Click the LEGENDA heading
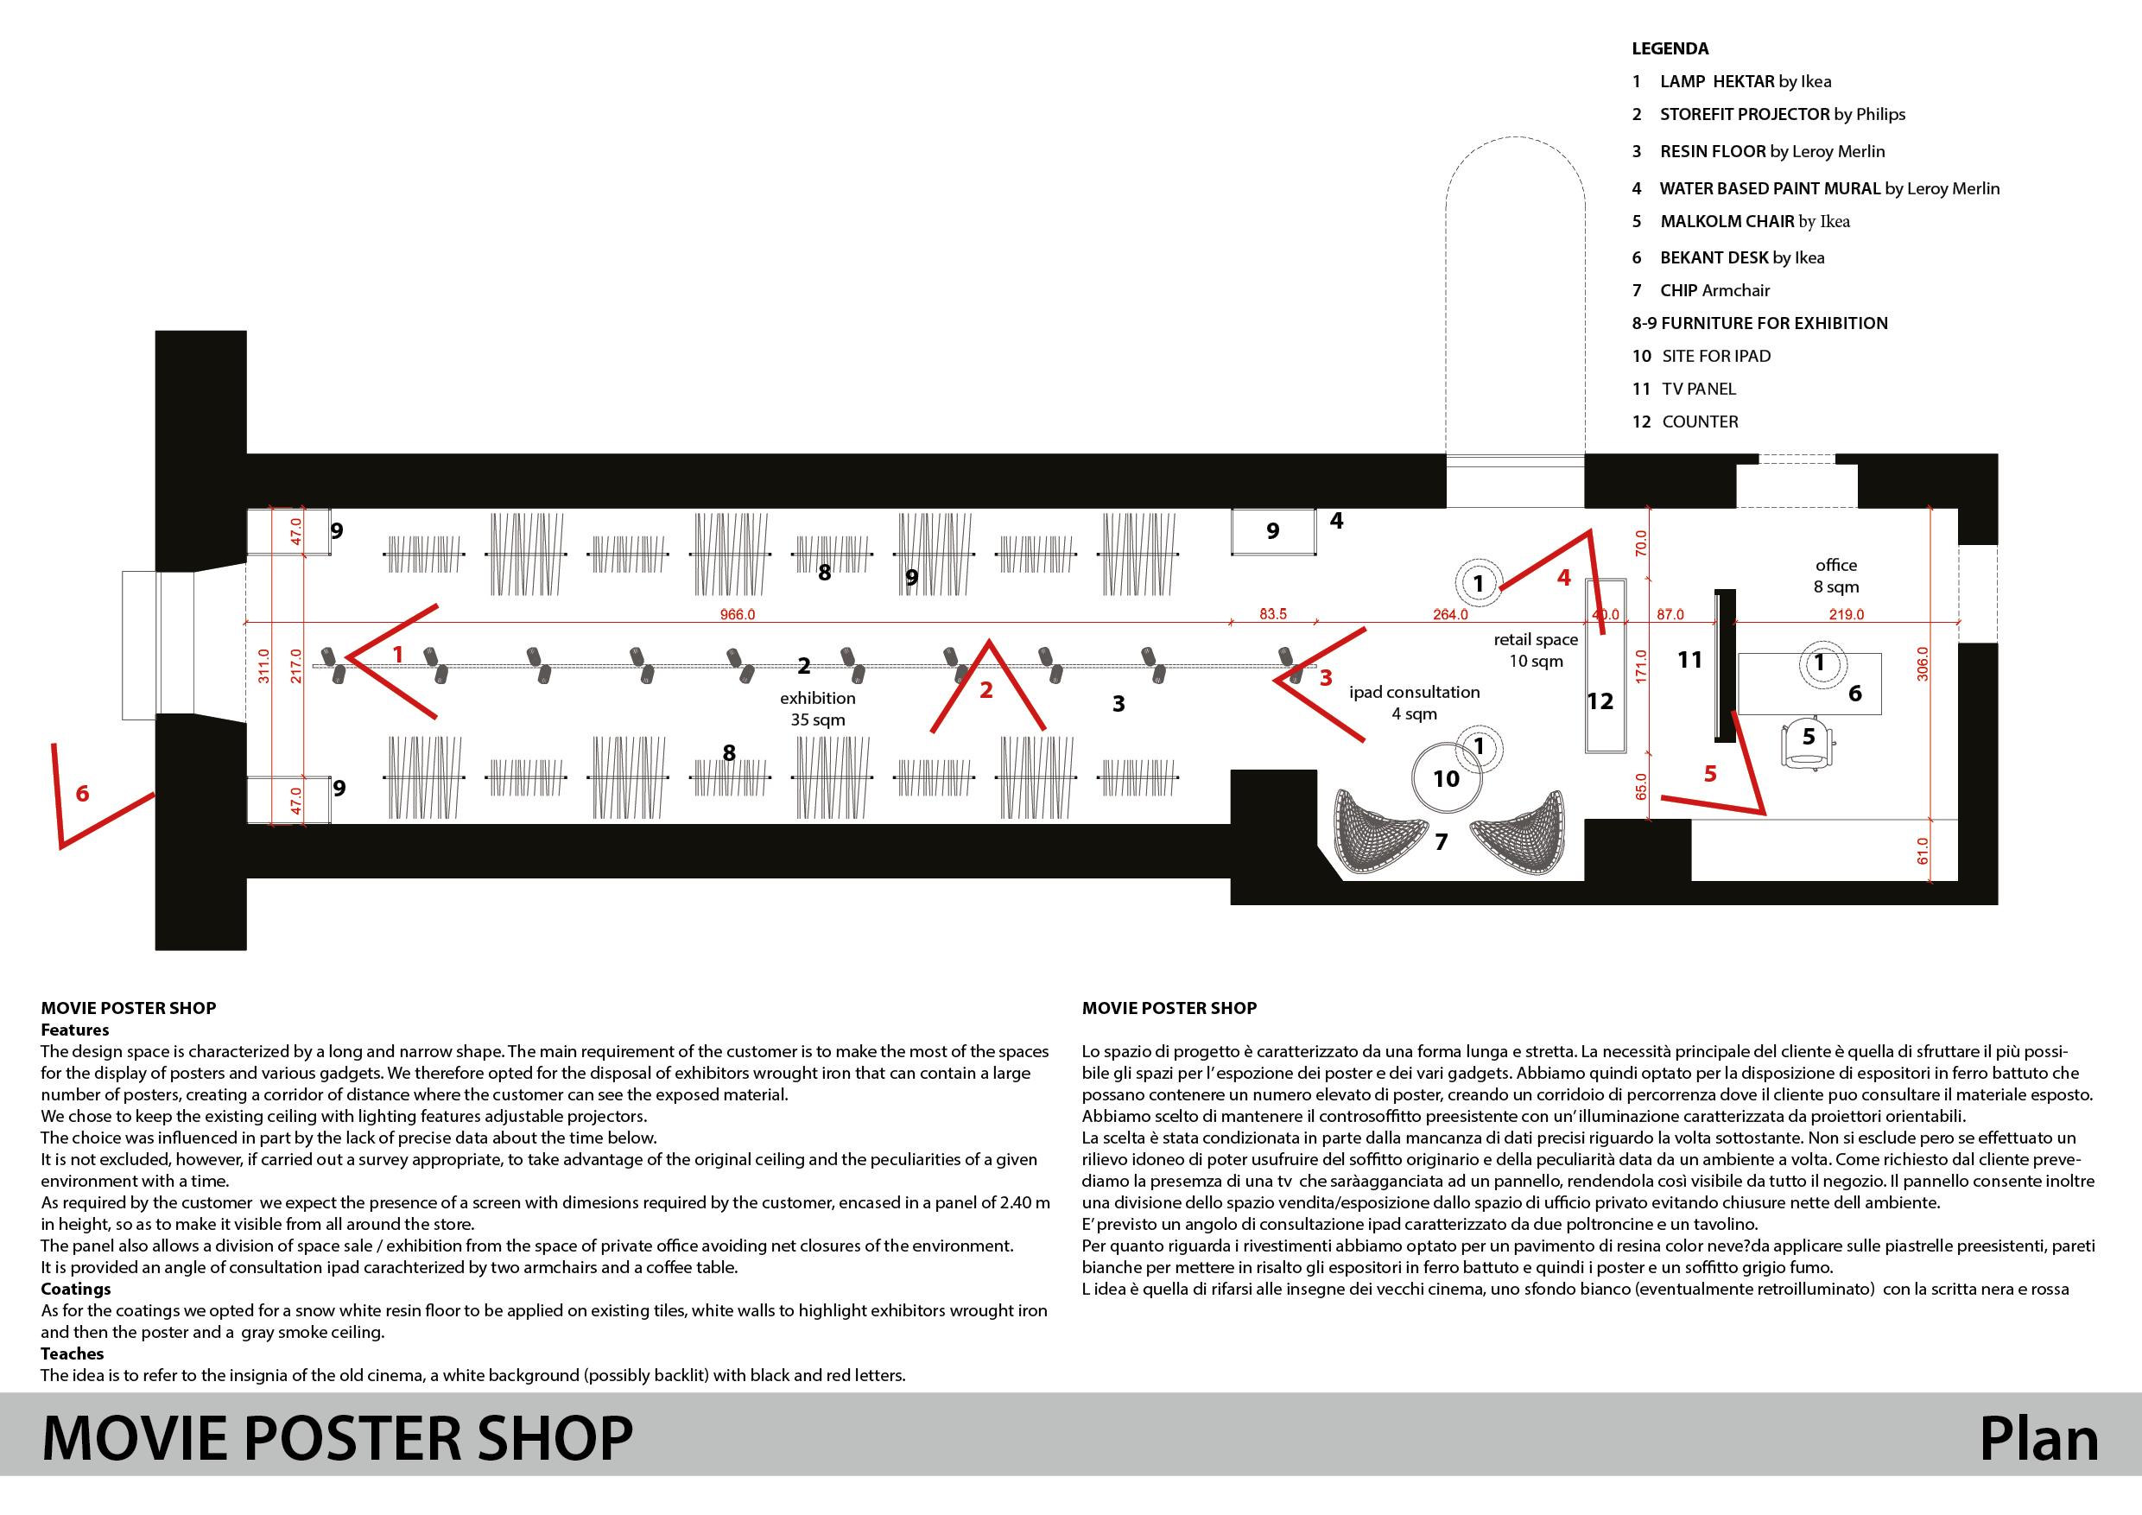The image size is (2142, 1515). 1670,48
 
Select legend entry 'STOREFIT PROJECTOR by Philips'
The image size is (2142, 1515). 1782,115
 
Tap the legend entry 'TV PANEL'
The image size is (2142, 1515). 1699,389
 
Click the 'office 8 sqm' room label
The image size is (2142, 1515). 1836,575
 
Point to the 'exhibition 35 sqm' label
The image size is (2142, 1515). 817,709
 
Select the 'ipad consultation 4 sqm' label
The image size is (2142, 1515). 1414,702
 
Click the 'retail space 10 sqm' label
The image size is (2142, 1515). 1536,650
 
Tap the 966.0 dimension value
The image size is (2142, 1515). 737,615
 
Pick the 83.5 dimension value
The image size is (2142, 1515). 1272,614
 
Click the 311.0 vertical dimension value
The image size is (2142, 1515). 264,666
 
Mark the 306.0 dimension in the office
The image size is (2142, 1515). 1922,663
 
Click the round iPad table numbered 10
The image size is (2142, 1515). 1446,778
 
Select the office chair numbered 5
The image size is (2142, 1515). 1808,744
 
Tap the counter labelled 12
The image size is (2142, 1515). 1606,665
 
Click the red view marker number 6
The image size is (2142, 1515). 82,794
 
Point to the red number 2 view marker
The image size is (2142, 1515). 986,690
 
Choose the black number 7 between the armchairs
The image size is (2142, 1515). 1442,842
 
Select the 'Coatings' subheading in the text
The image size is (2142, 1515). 75,1290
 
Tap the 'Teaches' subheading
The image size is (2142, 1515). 72,1353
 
